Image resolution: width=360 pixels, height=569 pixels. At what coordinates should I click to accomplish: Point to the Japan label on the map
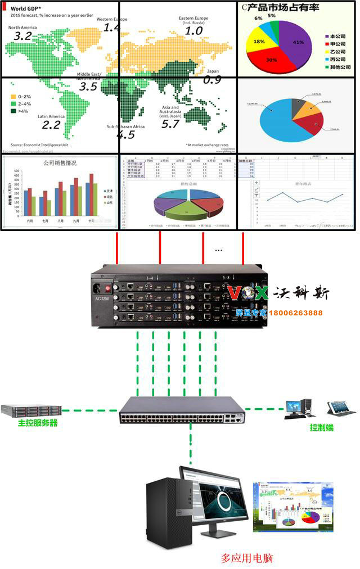pos(213,72)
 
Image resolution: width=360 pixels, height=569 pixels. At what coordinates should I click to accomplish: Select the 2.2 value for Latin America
pos(51,125)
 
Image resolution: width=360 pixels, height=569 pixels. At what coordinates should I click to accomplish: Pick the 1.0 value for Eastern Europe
pos(193,30)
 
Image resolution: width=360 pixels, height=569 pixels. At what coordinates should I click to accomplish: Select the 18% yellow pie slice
pos(259,42)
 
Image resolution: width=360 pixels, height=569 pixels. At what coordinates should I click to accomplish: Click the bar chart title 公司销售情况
pos(60,163)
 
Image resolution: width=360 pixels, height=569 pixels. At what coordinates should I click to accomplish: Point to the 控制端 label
pos(322,427)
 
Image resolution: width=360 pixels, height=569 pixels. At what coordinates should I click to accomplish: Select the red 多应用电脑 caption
pos(247,558)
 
